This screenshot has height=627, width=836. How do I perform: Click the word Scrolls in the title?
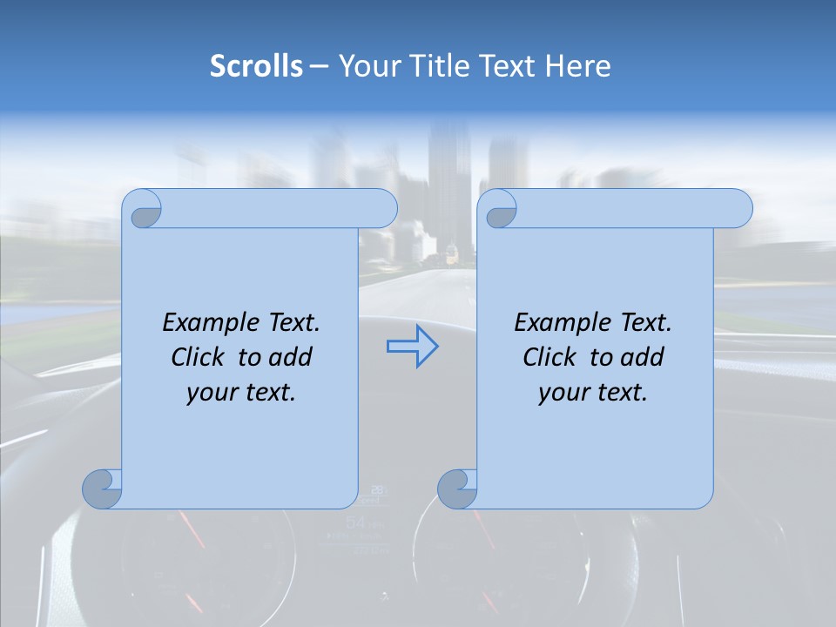click(256, 66)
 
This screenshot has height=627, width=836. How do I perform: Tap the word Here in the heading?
click(578, 66)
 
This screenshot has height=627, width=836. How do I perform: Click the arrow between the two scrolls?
click(412, 347)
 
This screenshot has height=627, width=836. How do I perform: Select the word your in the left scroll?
click(210, 393)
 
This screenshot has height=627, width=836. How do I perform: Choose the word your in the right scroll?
click(562, 393)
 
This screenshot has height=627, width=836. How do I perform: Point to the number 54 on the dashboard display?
click(355, 522)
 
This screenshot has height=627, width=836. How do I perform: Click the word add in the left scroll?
click(290, 357)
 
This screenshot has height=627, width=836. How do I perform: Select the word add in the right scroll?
click(642, 357)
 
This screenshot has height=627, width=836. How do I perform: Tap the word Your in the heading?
click(364, 66)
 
